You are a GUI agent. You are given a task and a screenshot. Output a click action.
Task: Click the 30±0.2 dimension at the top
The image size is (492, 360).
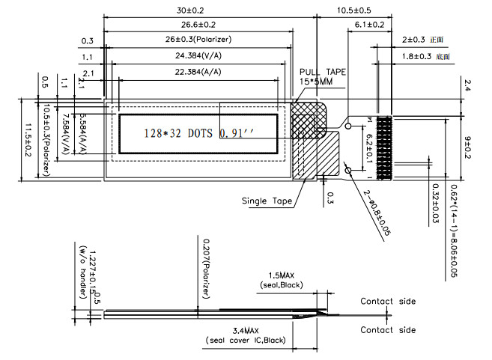pyautogui.click(x=189, y=11)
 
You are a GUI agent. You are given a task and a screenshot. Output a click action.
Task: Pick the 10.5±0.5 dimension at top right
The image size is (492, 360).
pyautogui.click(x=354, y=11)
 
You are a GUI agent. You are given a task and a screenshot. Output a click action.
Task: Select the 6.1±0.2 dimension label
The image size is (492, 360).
pyautogui.click(x=367, y=25)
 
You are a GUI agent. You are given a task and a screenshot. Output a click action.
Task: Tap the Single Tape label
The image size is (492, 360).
pyautogui.click(x=265, y=201)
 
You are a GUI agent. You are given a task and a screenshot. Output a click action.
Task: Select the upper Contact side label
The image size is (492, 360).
pyautogui.click(x=388, y=302)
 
